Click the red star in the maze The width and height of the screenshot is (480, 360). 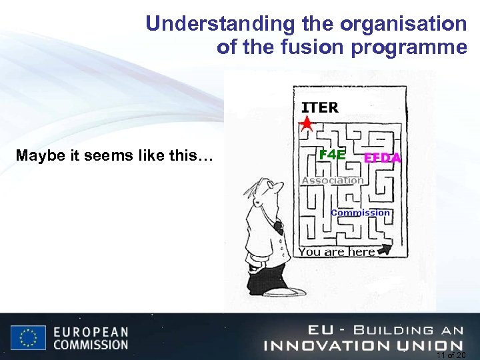pos(306,123)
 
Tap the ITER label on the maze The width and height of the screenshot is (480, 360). pos(320,107)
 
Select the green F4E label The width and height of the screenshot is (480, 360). pos(332,155)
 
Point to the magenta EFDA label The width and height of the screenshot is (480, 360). pos(382,158)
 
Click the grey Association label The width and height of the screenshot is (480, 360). pos(332,180)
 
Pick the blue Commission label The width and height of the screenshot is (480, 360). pos(360,213)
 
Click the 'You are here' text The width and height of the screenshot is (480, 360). pos(337,252)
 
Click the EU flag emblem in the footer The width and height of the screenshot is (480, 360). pos(28,338)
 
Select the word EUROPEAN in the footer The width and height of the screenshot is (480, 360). pos(91,331)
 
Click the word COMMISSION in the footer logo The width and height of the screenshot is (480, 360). pos(91,345)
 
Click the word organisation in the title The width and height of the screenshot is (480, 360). pos(403,24)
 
